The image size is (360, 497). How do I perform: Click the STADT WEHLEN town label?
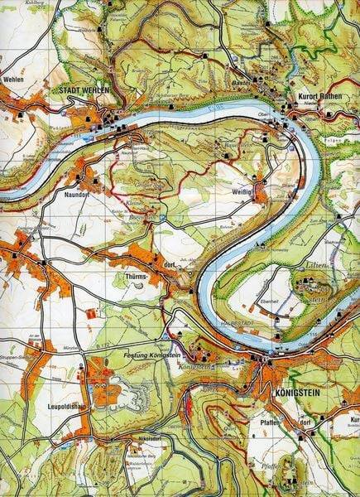(83, 92)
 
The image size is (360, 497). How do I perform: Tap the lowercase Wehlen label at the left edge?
(12, 80)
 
